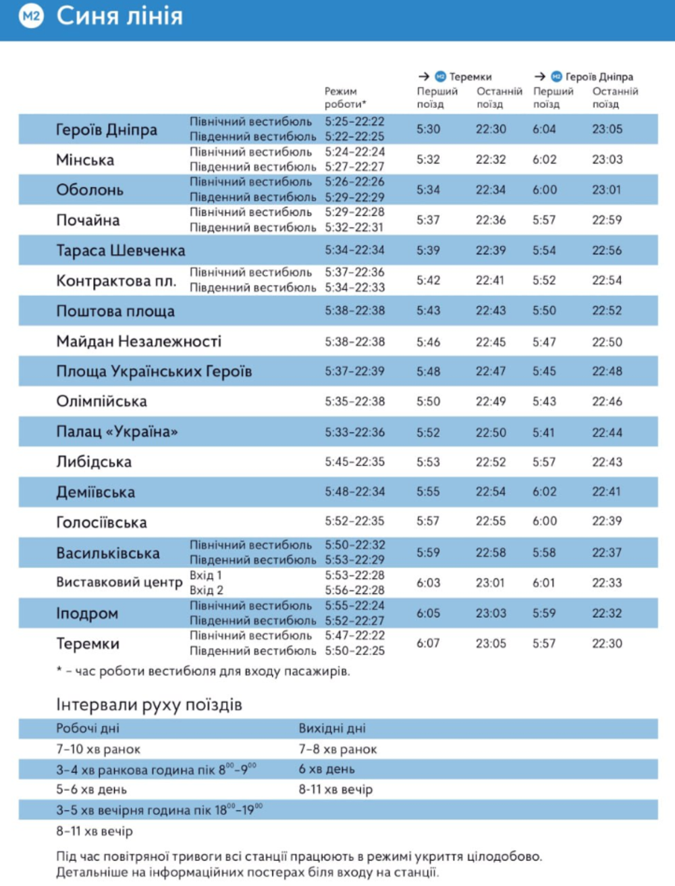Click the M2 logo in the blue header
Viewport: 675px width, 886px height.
[x=31, y=16]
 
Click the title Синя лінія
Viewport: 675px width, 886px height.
[x=119, y=16]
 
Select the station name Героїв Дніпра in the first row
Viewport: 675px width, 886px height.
[x=106, y=130]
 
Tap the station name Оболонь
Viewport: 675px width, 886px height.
[x=89, y=190]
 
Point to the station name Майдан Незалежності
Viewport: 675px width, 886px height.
[x=138, y=342]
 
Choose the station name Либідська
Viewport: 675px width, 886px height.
[x=93, y=463]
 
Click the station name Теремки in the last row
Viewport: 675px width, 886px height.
[x=87, y=644]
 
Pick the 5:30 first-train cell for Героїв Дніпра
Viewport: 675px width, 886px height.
[x=428, y=130]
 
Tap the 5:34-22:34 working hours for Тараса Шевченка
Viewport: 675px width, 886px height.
[x=354, y=251]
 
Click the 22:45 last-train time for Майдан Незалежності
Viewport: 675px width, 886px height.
[x=490, y=342]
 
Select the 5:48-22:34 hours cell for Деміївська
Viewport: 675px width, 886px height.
[x=354, y=492]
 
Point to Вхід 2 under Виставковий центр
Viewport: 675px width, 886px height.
[x=206, y=590]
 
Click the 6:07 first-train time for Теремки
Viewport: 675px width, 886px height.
[x=428, y=644]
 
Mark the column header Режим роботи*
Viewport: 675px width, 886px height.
[x=345, y=97]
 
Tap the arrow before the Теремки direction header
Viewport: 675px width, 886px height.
[x=424, y=77]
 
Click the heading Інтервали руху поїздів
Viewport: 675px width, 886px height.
[x=148, y=705]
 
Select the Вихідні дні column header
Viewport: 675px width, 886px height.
[x=332, y=729]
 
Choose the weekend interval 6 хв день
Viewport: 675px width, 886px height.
[x=327, y=769]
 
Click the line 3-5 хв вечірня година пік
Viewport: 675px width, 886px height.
[x=159, y=810]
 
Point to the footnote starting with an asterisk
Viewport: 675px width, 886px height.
[x=202, y=671]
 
